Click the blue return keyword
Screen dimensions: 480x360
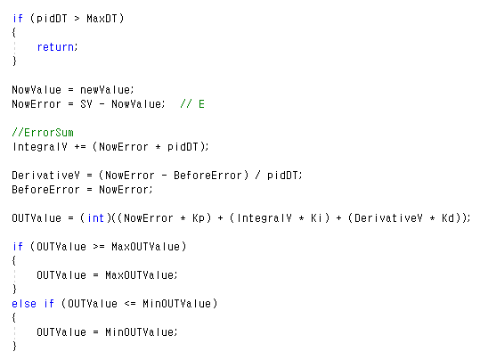click(55, 47)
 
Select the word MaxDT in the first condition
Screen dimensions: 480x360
click(102, 19)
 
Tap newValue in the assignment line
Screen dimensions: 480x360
click(105, 90)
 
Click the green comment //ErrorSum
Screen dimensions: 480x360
click(43, 133)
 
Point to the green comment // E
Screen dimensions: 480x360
click(192, 104)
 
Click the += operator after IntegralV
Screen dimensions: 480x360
click(80, 147)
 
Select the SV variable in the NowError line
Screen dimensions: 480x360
click(86, 104)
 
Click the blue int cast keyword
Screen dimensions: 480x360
click(96, 218)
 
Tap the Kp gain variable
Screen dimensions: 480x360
click(199, 218)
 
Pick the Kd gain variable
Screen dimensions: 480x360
click(448, 218)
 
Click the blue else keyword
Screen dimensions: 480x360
click(24, 304)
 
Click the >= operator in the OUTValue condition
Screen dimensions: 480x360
click(99, 247)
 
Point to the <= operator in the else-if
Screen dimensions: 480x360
click(130, 304)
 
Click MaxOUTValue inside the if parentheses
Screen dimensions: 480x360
click(145, 247)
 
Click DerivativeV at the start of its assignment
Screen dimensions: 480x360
click(45, 176)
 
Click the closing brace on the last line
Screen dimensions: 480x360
click(14, 347)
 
